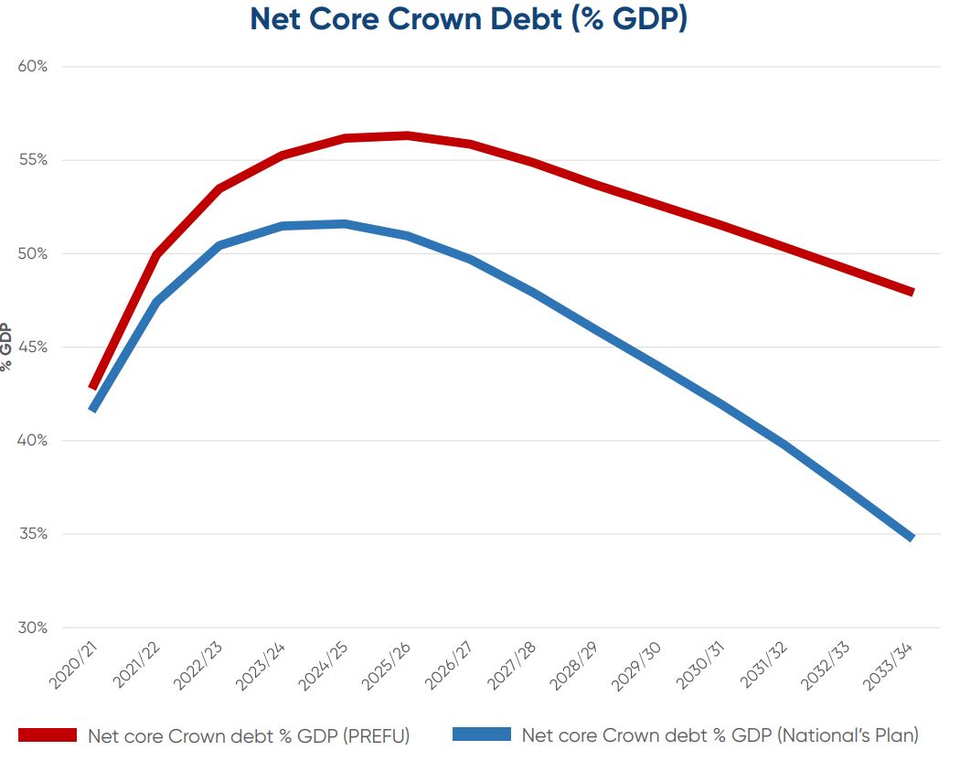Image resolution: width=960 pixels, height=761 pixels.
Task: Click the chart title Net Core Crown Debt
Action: (468, 20)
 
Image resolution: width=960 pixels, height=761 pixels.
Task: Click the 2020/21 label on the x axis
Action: (74, 667)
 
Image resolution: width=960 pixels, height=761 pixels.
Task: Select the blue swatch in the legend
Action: (481, 734)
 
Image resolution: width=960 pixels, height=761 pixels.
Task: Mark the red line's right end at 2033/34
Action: (912, 292)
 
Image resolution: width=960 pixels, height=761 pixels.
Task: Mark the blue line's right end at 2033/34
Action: (912, 537)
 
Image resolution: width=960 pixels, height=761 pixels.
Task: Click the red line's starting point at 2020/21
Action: (92, 387)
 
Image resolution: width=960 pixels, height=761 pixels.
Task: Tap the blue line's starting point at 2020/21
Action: (92, 409)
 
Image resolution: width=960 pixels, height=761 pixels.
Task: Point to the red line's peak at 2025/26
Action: (407, 136)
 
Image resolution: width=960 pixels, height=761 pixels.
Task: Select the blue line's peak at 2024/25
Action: (344, 224)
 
